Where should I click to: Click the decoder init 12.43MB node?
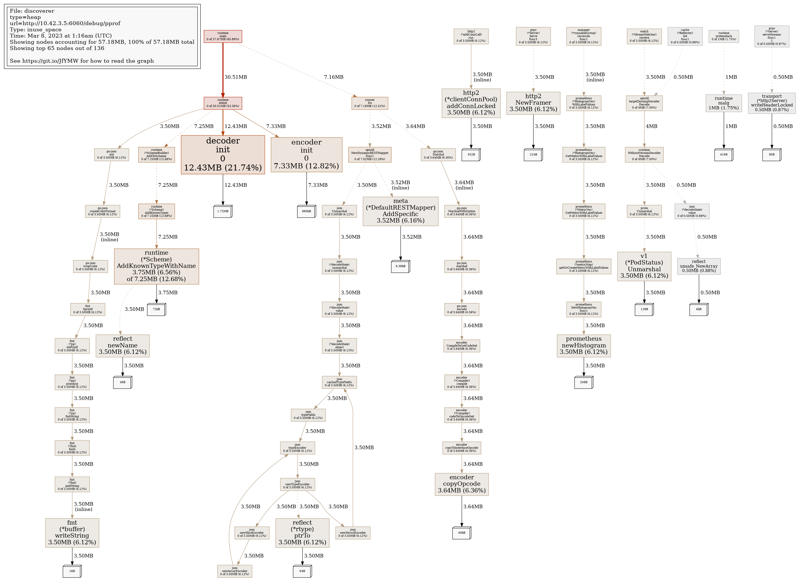223,154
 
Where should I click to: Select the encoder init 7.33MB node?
306,154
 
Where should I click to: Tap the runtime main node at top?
223,36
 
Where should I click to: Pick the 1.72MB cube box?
223,211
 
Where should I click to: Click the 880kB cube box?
306,211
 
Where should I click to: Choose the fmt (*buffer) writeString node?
72,533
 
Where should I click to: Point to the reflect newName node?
123,346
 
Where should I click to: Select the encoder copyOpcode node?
462,484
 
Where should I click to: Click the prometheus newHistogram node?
584,346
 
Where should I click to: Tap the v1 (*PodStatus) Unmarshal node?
644,266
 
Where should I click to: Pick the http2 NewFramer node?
533,103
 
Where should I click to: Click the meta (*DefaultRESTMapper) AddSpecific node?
400,211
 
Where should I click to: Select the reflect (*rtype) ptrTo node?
302,533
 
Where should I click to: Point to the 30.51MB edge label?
235,77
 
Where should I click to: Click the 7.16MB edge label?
333,77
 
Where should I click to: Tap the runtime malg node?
724,103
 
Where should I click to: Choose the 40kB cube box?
462,533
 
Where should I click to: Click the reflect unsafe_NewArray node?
698,266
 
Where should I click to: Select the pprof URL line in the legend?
65,24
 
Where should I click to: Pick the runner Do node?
370,103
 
